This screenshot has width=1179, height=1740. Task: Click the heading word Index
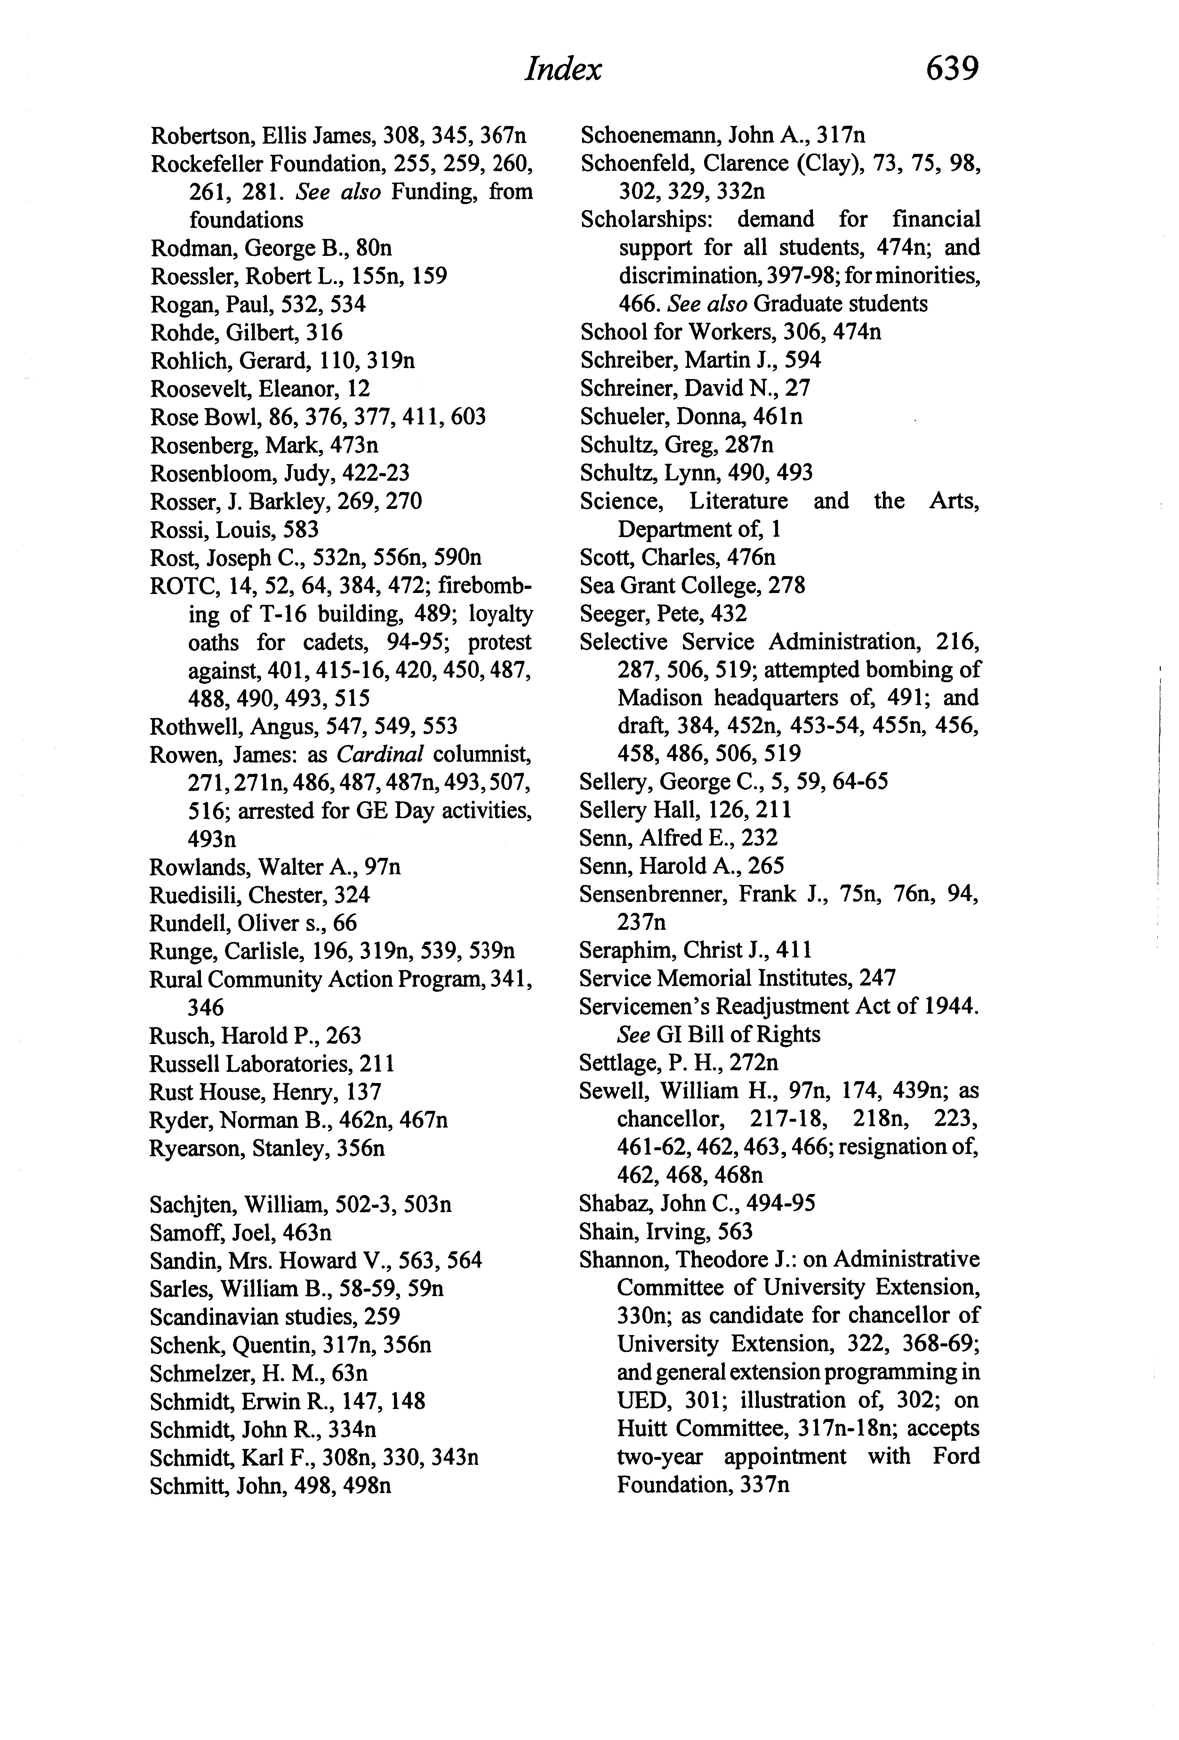click(x=563, y=70)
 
